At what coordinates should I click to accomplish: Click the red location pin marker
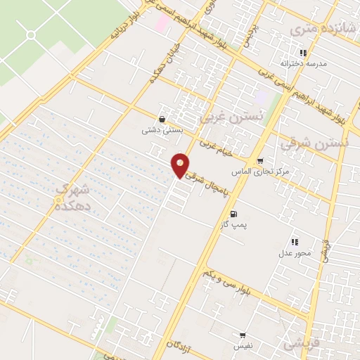tap(181, 165)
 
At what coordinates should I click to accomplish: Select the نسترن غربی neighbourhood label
tap(231, 117)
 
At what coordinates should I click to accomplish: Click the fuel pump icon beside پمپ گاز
tap(233, 214)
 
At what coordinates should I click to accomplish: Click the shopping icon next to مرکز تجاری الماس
tap(261, 161)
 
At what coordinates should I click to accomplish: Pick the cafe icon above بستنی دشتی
tap(163, 120)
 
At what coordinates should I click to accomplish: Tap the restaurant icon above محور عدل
tap(295, 242)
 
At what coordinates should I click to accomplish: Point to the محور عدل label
tap(295, 252)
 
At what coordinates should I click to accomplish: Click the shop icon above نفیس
tap(243, 335)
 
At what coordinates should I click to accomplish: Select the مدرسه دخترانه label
tap(304, 63)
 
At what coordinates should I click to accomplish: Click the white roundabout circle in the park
tap(31, 34)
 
